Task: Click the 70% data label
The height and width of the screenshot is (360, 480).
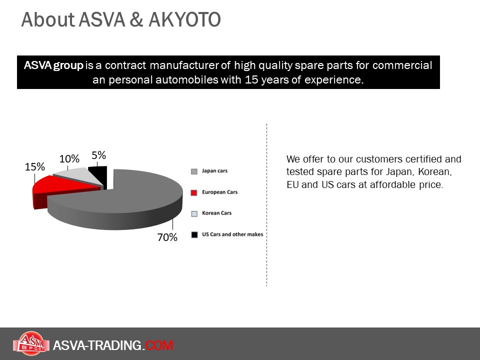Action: point(167,237)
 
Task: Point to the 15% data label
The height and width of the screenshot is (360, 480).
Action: point(35,167)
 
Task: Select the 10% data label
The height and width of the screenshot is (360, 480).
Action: point(69,159)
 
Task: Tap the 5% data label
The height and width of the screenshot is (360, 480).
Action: point(98,155)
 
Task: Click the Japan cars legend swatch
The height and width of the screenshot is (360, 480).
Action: point(194,171)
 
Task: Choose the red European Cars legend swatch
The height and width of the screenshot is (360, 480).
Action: point(194,192)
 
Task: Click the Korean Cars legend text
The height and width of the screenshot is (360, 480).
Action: point(216,213)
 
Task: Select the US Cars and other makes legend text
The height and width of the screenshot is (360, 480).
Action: point(232,234)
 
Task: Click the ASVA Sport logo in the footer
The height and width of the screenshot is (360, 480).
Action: point(31,343)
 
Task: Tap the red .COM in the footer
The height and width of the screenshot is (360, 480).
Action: point(158,345)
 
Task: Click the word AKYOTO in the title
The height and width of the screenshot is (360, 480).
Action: point(184,20)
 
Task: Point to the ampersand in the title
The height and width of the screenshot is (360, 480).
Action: point(136,20)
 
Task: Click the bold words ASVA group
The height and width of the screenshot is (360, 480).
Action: point(53,65)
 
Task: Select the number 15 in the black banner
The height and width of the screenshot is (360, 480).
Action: point(251,79)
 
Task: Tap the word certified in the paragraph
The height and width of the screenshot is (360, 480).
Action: point(423,159)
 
